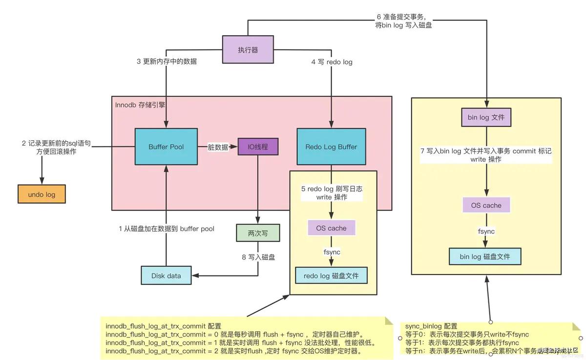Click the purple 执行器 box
(x=248, y=49)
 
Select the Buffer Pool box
(x=166, y=147)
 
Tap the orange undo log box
(x=42, y=194)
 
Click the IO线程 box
(x=258, y=147)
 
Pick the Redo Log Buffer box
(x=331, y=147)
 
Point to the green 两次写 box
(x=257, y=233)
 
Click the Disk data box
(x=166, y=275)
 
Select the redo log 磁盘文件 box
(x=331, y=275)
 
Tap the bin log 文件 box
(x=486, y=117)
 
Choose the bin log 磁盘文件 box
(x=485, y=256)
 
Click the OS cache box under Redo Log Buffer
(x=331, y=228)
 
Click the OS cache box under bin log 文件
(x=486, y=205)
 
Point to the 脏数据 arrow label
(x=218, y=147)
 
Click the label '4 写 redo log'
(x=332, y=62)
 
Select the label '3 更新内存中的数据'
(x=167, y=62)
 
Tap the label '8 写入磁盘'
(x=258, y=257)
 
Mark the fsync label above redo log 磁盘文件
(x=332, y=252)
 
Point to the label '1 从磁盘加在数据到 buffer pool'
(x=167, y=229)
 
